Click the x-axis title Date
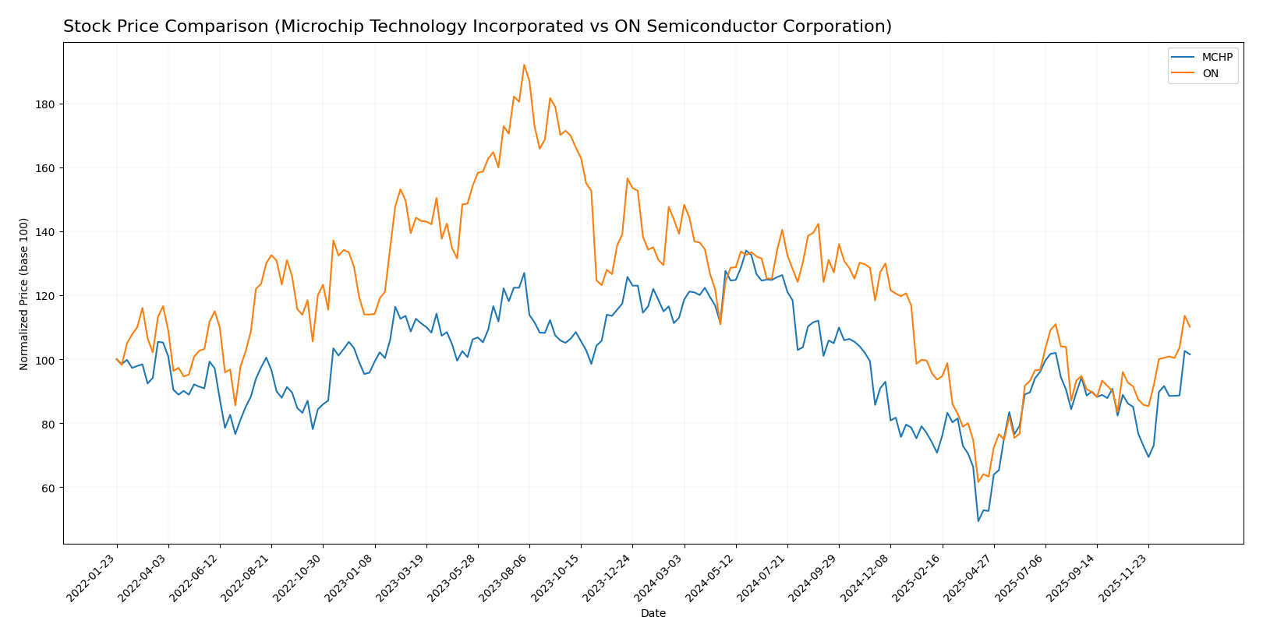653,614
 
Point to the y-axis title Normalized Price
24,294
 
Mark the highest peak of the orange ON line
524,65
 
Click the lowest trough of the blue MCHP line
978,520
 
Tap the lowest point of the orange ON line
978,482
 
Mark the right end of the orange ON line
1190,326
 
